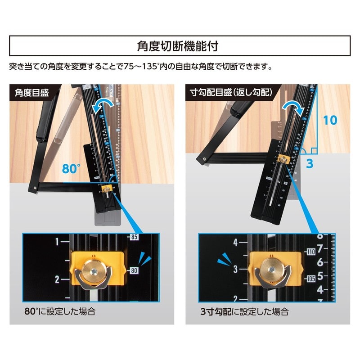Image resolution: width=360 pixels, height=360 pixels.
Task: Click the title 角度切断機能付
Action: point(180,46)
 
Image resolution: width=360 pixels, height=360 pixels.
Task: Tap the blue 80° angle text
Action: point(71,170)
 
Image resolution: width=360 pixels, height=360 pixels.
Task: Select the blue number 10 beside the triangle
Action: point(330,120)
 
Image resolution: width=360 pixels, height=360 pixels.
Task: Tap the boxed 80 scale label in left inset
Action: point(134,271)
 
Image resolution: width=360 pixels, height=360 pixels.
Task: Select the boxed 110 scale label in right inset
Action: point(311,252)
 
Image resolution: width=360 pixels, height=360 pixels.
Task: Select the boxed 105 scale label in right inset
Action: point(311,279)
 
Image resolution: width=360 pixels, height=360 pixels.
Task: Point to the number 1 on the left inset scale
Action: point(57,242)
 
